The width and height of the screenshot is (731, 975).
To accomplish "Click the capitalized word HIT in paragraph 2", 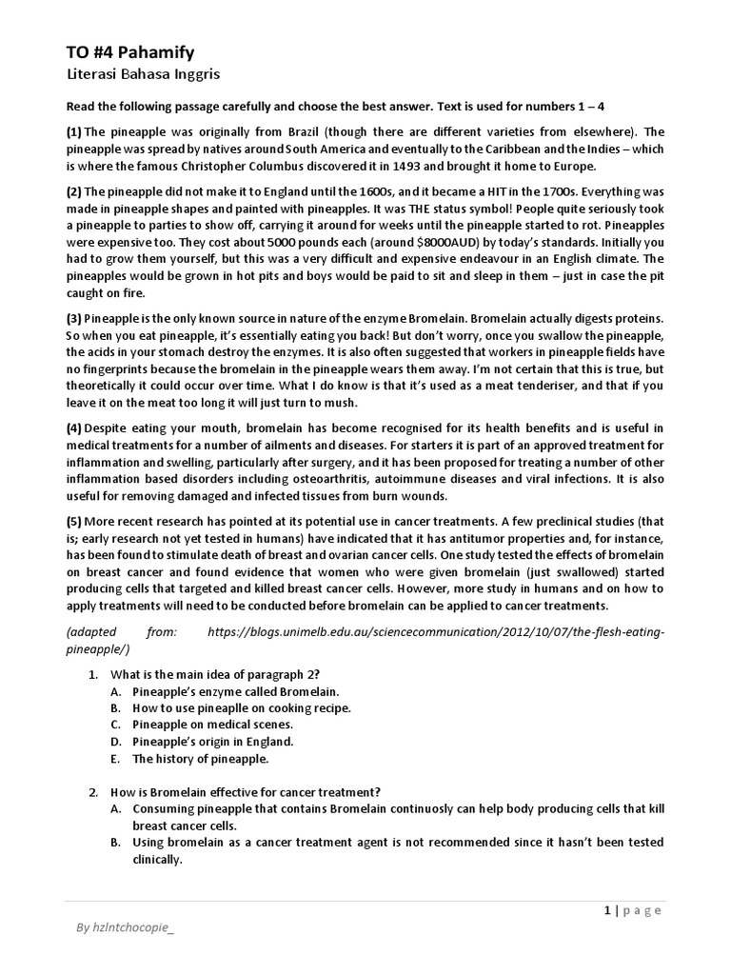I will [x=520, y=190].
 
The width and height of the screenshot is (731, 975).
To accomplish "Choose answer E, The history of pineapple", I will [x=200, y=759].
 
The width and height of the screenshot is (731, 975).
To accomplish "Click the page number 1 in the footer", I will [x=606, y=909].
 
